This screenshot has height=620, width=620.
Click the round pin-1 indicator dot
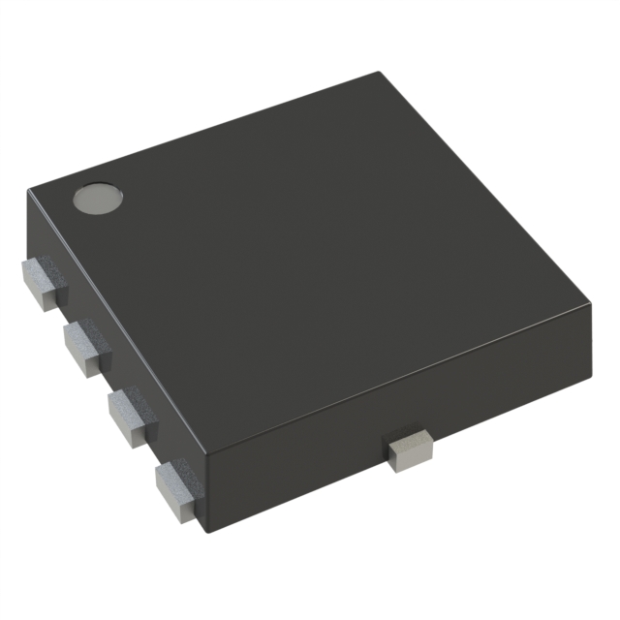pos(99,199)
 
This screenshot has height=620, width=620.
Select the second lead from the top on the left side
pos(85,347)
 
